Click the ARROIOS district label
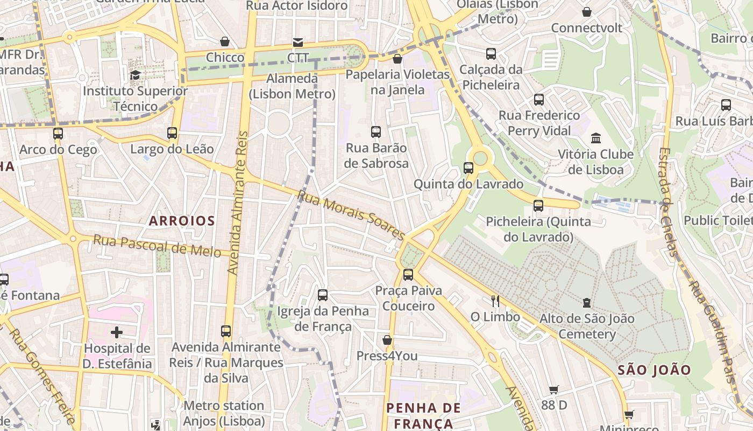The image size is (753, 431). tap(182, 221)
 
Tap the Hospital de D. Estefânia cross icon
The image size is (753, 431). tap(117, 332)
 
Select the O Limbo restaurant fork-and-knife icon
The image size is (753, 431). tap(495, 301)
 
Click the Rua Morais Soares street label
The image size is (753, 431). tap(351, 215)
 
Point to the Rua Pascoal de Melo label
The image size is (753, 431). tap(157, 246)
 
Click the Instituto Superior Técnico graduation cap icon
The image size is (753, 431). tap(135, 74)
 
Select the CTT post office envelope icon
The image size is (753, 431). tap(297, 42)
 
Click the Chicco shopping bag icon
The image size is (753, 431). tap(225, 41)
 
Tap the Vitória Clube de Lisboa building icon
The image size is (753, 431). tap(596, 138)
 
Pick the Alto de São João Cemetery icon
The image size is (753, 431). tap(587, 303)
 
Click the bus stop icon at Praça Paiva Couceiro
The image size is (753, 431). tap(408, 275)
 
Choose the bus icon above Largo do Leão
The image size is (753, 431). tap(172, 133)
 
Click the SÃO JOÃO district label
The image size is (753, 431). tap(654, 370)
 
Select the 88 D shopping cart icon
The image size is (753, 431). tap(554, 390)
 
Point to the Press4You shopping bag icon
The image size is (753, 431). tap(387, 340)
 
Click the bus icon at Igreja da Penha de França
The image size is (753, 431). tap(323, 295)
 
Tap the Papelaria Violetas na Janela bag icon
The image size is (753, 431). tap(397, 59)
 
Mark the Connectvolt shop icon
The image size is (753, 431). tap(587, 12)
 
